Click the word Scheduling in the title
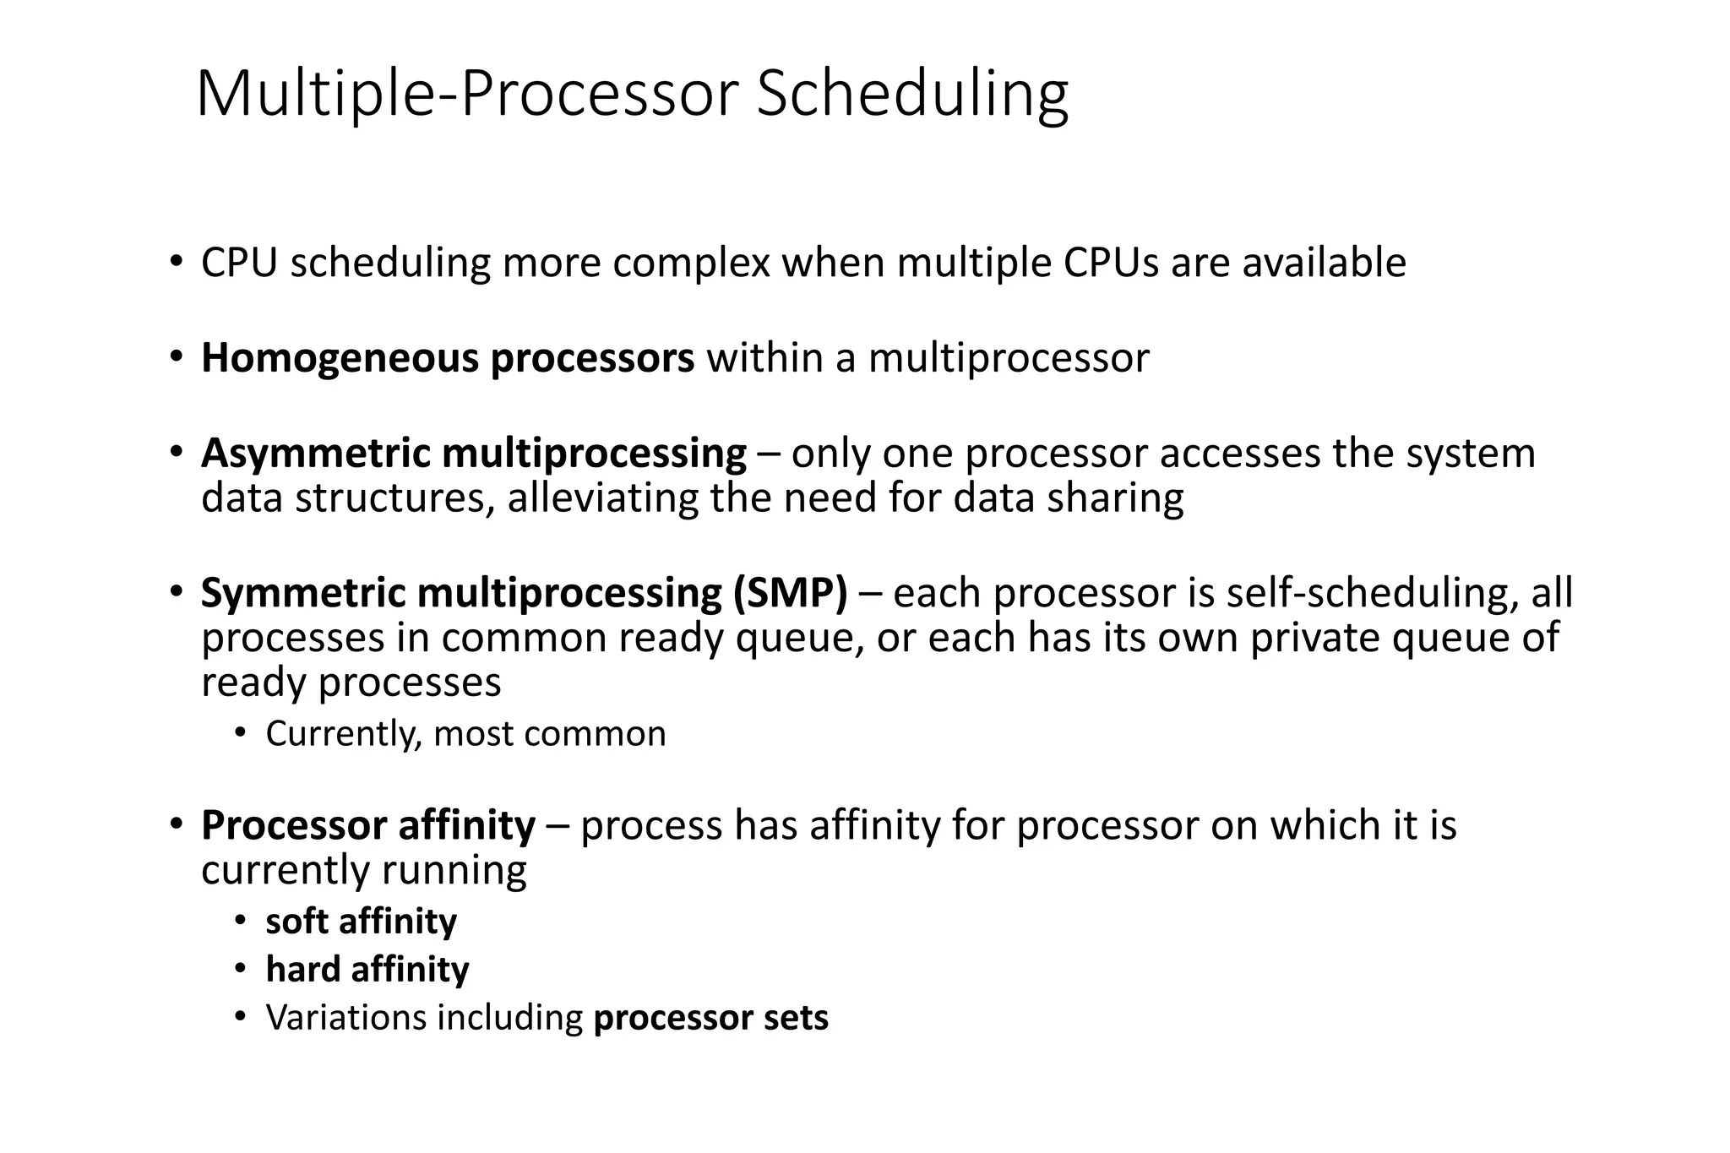pos(911,95)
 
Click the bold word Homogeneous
pos(339,358)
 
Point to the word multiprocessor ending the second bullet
pos(1009,358)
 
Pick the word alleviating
pos(602,498)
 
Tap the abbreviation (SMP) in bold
pos(790,593)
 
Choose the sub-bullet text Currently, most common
pos(465,733)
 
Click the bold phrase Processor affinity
pos(367,825)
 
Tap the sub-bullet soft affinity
pos(361,921)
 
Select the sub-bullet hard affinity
pos(367,969)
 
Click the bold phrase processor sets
pos(710,1018)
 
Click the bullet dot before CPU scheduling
pos(175,261)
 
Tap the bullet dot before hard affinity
pos(241,969)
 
